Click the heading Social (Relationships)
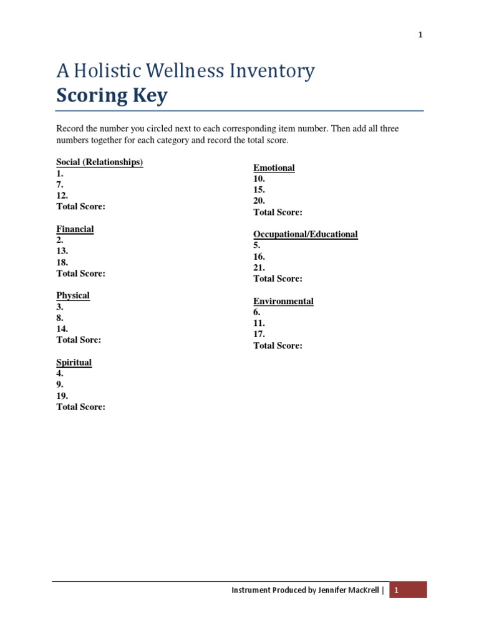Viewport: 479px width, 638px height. [100, 163]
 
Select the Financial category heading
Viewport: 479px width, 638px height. [75, 229]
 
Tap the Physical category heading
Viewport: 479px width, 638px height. [73, 296]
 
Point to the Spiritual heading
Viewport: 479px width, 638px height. [74, 363]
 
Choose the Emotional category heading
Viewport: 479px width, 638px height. [274, 168]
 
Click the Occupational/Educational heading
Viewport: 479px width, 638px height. [305, 235]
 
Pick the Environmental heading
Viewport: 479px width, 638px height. [283, 302]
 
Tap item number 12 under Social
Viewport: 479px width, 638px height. [62, 196]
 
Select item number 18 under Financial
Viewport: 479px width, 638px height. [62, 262]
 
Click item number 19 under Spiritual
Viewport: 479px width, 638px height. [62, 396]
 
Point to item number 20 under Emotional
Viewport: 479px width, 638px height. [259, 201]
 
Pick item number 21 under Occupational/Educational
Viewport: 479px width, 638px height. [259, 268]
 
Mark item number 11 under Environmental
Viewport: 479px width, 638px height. [259, 323]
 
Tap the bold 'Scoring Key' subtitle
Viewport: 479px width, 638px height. [112, 97]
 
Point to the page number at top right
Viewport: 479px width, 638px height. [420, 35]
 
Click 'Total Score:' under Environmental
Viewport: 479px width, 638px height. [278, 346]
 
